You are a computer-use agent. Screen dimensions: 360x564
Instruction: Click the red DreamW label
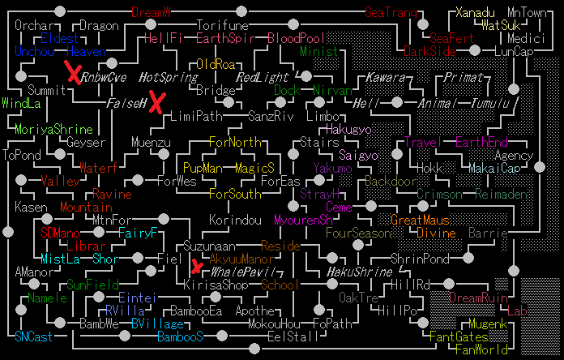pos(152,12)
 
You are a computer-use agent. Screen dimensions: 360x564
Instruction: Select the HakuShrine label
pos(360,272)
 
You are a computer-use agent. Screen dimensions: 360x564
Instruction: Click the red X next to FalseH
pos(156,103)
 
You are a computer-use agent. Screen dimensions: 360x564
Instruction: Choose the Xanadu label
pos(475,12)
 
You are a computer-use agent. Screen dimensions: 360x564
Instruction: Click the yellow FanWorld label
pos(481,349)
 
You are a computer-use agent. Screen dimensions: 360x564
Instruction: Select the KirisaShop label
pos(216,285)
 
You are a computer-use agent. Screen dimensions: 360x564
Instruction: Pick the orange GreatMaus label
pos(419,221)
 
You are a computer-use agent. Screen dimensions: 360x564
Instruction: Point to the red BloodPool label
pos(296,38)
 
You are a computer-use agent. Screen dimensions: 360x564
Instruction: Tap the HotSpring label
pos(168,78)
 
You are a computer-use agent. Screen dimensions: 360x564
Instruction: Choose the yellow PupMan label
pos(203,169)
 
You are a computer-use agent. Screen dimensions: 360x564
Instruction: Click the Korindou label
pos(235,221)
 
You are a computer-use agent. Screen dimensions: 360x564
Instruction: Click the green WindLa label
pos(21,104)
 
